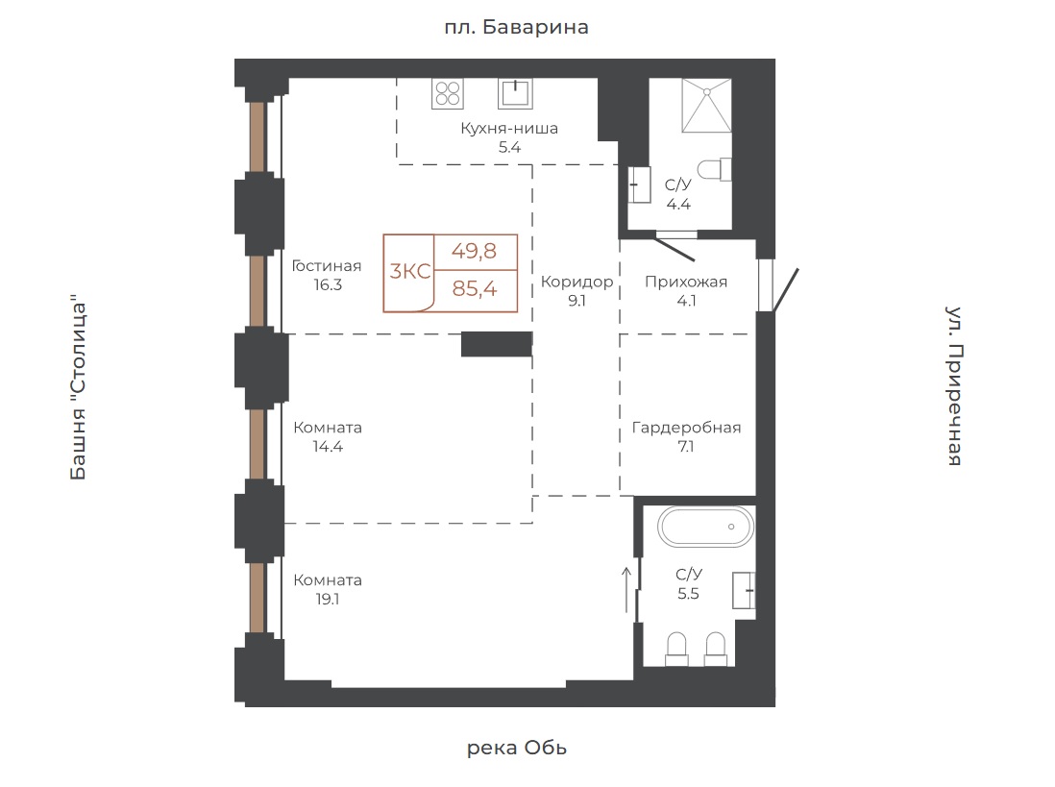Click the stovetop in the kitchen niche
coord(448,93)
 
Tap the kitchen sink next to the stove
coord(515,93)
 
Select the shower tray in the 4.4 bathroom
coord(706,106)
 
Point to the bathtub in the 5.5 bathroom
coord(705,527)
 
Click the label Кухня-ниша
coord(509,128)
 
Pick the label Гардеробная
coord(686,428)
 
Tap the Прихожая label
coord(686,282)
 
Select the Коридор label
coord(577,282)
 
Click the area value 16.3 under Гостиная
coord(328,285)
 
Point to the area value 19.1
coord(328,600)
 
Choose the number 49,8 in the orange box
coord(475,251)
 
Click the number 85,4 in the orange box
coord(475,288)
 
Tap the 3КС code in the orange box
coord(409,271)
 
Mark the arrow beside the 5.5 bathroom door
coord(626,590)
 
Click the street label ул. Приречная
coord(954,385)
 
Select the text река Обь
coord(517,748)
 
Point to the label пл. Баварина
coord(516,27)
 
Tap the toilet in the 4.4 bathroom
coord(715,169)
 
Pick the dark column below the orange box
coord(497,344)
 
